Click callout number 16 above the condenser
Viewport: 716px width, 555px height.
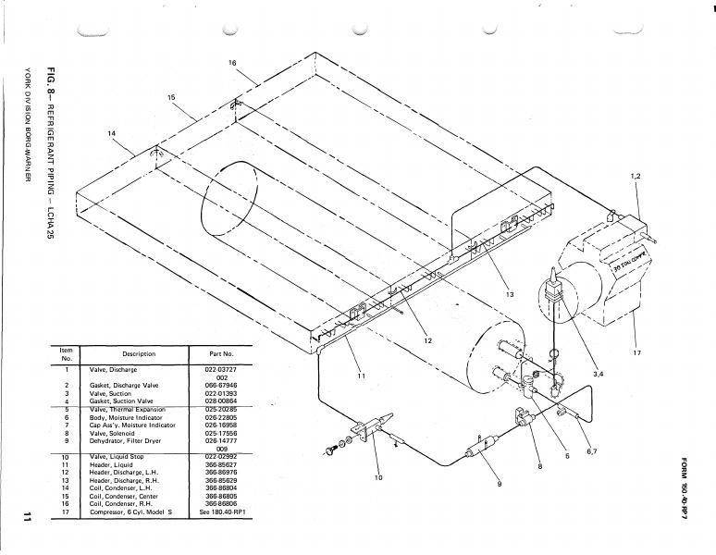click(232, 62)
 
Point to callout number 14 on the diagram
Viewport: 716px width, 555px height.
click(112, 133)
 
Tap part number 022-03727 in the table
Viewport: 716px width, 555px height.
click(215, 370)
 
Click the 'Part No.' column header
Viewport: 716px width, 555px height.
click(215, 353)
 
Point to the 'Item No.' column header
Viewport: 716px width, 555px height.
click(66, 353)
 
